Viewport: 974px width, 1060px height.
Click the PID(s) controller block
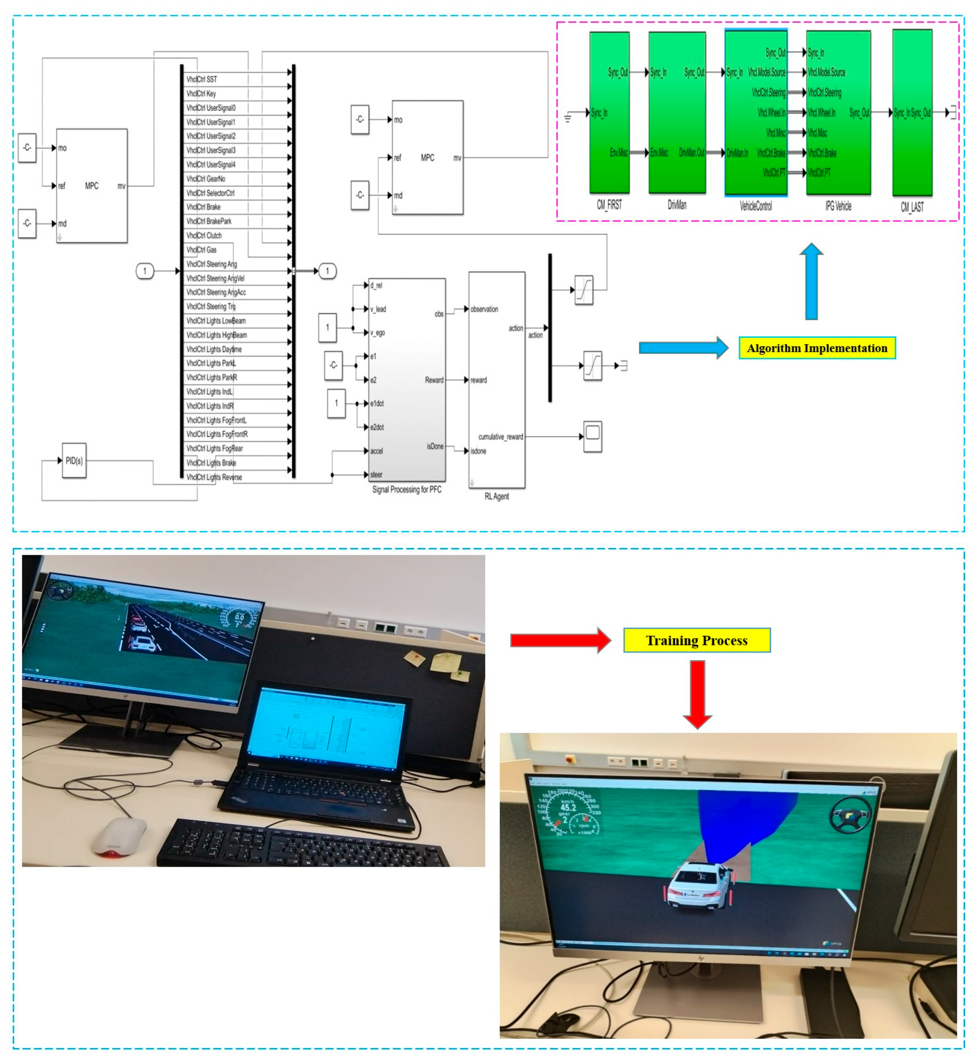click(74, 461)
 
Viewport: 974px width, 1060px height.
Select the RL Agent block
click(496, 380)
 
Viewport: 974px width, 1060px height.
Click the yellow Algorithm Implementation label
click(817, 348)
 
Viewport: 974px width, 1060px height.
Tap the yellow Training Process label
click(697, 640)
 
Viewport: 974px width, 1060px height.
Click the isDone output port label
click(435, 446)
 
